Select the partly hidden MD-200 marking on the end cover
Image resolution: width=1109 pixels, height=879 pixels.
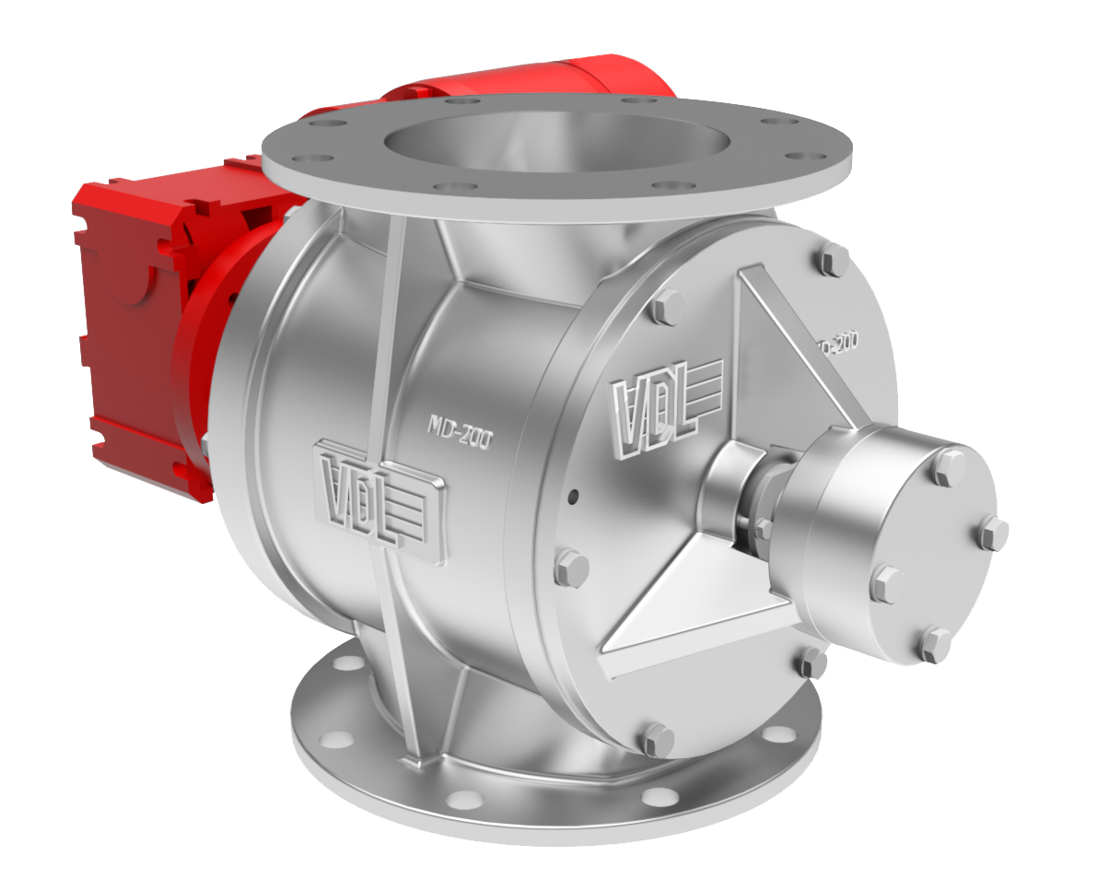[836, 344]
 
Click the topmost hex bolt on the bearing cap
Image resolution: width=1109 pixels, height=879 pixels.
[948, 468]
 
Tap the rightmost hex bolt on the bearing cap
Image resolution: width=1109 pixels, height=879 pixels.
[993, 534]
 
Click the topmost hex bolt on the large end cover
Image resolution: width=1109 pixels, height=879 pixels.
[834, 260]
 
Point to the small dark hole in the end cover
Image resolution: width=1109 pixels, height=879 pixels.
[573, 497]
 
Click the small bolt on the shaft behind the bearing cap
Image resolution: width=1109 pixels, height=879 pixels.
[762, 529]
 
